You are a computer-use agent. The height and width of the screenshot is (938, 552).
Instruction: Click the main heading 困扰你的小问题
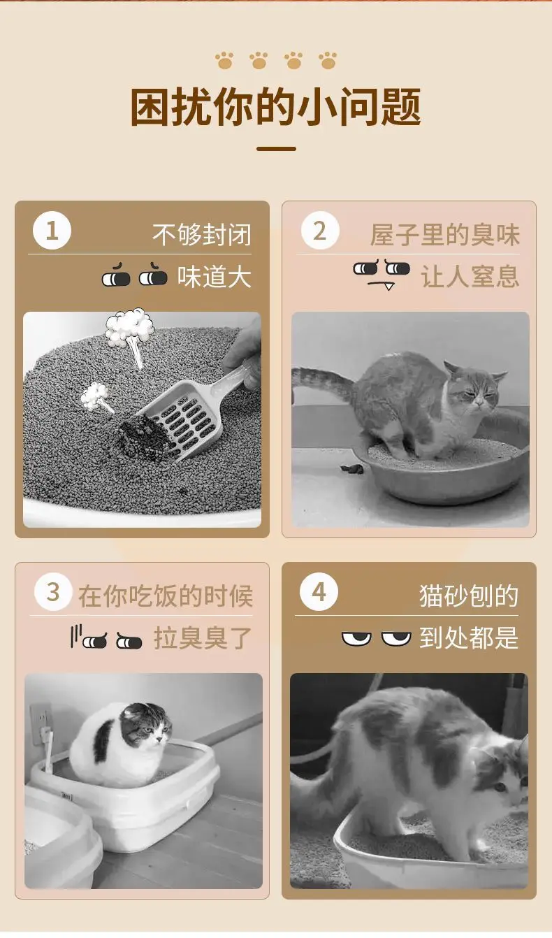[276, 106]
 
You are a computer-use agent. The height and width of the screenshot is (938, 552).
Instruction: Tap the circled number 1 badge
[52, 231]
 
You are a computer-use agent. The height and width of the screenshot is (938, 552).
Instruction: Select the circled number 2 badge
[320, 231]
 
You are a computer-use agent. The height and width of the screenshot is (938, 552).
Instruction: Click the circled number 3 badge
[53, 592]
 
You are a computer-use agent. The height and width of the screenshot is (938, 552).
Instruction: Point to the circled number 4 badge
[319, 592]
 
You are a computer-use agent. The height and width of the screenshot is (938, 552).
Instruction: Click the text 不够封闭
[202, 234]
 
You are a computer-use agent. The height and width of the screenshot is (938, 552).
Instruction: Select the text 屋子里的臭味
[445, 234]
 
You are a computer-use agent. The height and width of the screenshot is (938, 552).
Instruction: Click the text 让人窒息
[470, 276]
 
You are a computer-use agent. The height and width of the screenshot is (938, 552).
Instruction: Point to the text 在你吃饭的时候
[166, 596]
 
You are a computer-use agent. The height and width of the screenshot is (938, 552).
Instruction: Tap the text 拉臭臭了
[203, 638]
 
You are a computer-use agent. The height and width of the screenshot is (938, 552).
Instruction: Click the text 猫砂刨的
[469, 596]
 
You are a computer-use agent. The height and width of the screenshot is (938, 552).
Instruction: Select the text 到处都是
[469, 638]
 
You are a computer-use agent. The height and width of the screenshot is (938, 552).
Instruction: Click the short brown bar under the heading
[276, 149]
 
